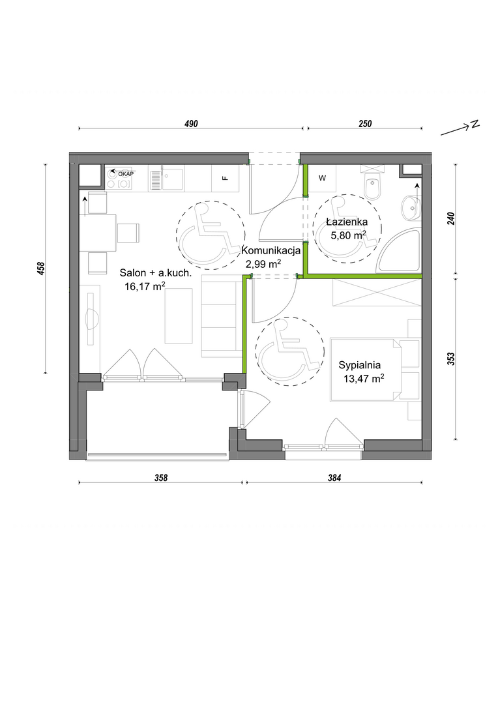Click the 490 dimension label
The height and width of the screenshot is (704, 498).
click(x=191, y=124)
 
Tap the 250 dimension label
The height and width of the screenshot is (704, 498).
click(x=365, y=124)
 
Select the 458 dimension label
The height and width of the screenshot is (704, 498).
click(x=41, y=269)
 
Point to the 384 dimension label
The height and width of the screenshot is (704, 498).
click(x=334, y=478)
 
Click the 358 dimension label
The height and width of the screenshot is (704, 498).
click(x=161, y=478)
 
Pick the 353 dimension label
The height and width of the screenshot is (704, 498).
click(x=451, y=359)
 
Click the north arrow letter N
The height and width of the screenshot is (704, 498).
click(x=475, y=125)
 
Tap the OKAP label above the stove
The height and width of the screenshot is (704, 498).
click(x=126, y=174)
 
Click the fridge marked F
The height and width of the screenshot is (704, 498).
click(x=226, y=178)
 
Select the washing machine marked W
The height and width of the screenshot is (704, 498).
click(x=322, y=178)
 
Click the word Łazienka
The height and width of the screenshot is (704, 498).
click(x=347, y=222)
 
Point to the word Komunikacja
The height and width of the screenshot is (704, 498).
click(x=271, y=250)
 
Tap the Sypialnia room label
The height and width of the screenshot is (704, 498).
click(x=360, y=365)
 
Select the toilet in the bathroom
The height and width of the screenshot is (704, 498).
click(x=373, y=183)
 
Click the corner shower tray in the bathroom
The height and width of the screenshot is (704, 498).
click(x=399, y=252)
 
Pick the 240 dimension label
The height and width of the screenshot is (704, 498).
click(x=451, y=218)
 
